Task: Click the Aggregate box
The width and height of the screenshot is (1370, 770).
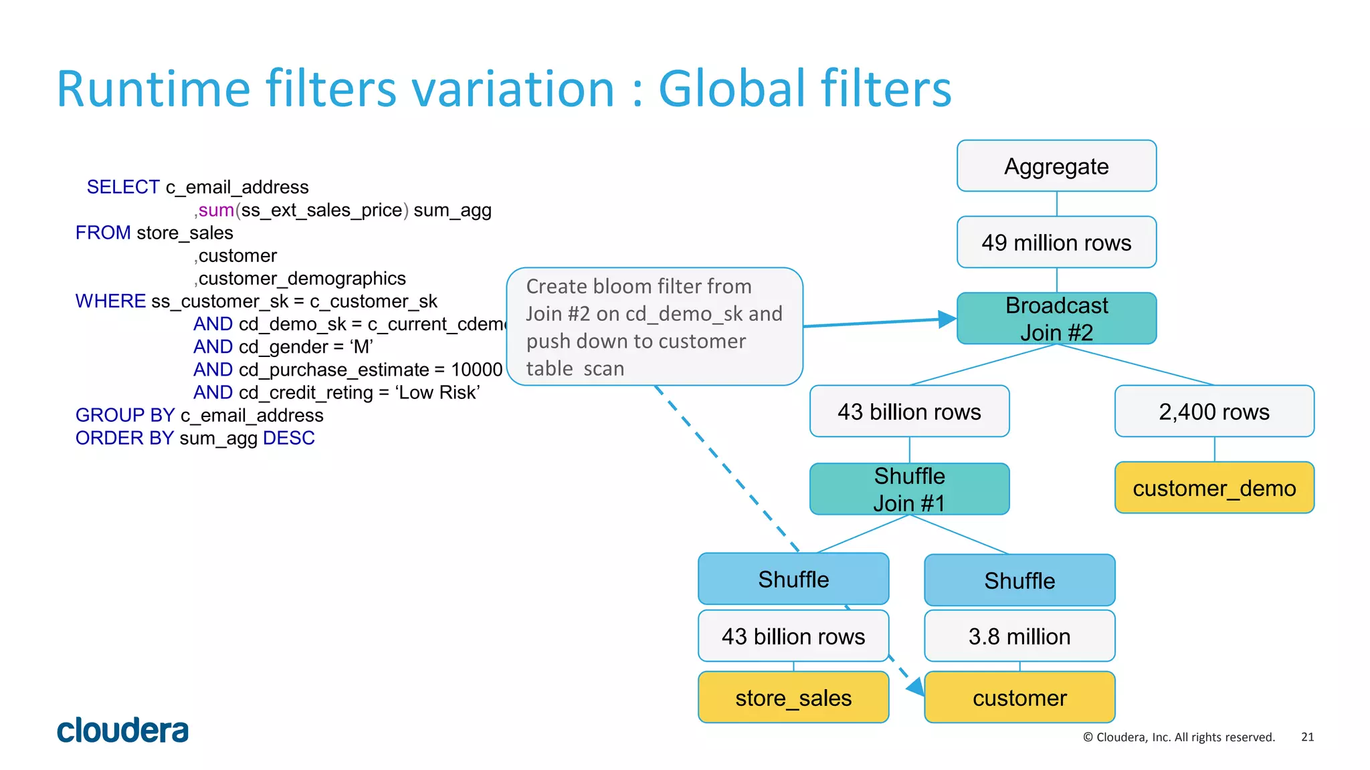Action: coord(1056,166)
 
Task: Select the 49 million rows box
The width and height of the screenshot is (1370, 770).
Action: coord(1056,242)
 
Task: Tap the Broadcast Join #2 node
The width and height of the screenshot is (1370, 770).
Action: coord(1056,319)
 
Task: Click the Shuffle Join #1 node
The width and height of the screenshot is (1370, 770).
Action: coord(909,489)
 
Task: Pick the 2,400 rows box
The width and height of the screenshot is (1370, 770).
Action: coord(1214,411)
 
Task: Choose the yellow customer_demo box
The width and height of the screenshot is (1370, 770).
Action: coord(1214,488)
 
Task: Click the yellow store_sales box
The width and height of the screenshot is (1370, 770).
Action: coord(793,698)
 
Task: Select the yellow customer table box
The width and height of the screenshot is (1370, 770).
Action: coord(1019,698)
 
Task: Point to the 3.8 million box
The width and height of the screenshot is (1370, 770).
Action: coord(1019,636)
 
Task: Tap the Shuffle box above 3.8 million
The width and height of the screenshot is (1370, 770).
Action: coord(1019,580)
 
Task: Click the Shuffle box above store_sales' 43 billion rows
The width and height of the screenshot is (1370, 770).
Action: coord(793,579)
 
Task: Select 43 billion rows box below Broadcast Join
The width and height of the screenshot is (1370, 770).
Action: coord(909,411)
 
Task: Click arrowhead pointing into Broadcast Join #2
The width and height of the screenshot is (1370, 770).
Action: coord(947,319)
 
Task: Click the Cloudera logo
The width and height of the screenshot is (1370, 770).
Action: coord(122,730)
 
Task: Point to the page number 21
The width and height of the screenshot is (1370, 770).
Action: coord(1307,737)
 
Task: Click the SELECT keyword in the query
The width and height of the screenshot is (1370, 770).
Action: coord(123,187)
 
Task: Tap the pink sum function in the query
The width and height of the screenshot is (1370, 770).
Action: coord(216,210)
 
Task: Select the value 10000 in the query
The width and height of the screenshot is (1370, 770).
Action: coord(476,370)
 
